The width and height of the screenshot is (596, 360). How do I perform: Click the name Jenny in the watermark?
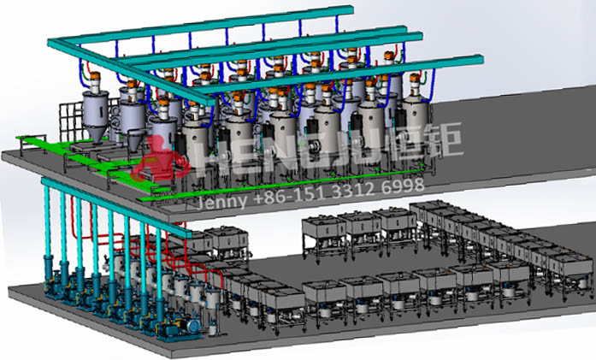221,200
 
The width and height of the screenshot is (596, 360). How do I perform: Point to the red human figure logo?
160,159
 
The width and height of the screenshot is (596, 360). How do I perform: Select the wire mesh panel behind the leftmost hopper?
72,120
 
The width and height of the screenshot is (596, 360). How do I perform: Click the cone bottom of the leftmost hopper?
96,133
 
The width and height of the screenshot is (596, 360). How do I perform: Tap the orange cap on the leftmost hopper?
95,75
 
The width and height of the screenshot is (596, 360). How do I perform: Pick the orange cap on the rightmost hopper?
415,78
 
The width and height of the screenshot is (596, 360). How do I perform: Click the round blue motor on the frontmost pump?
192,326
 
